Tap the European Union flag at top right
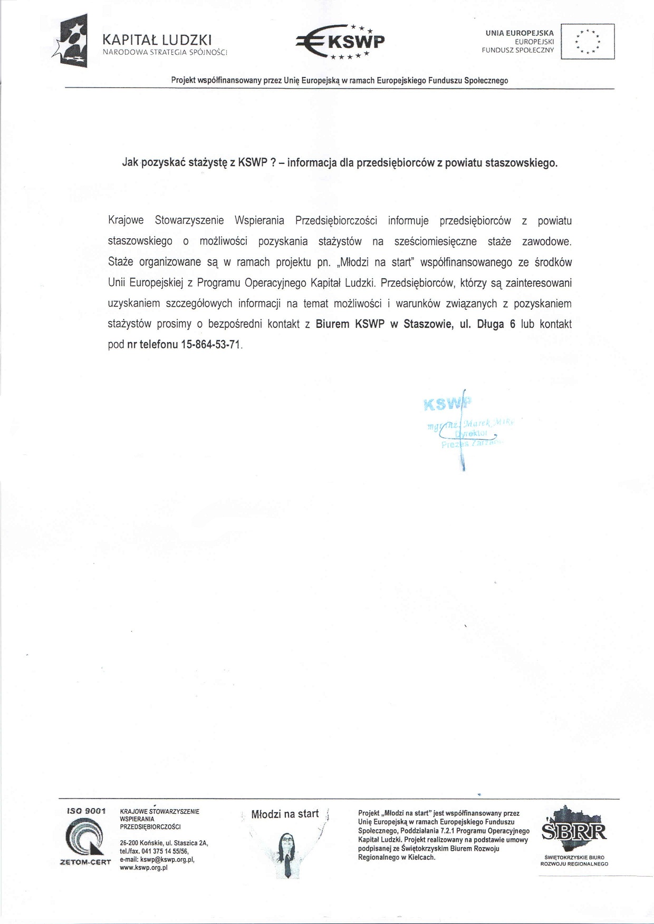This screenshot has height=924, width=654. point(588,41)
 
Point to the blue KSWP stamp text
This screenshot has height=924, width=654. point(446,404)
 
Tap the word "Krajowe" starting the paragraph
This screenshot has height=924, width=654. point(126,221)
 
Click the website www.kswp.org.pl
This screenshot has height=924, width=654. point(143,868)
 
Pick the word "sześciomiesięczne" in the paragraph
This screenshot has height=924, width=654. point(435,242)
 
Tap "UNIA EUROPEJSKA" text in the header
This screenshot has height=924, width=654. point(520,33)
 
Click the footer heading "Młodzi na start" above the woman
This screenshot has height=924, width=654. point(285,814)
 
